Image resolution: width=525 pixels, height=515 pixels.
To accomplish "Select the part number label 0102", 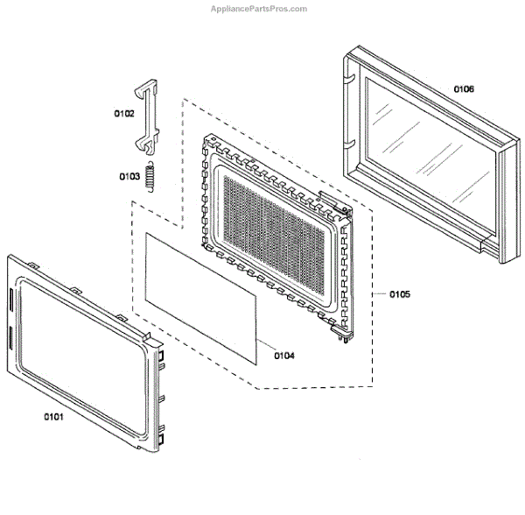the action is tap(123, 113).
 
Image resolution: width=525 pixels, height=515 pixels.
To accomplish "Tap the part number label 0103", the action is tap(129, 176).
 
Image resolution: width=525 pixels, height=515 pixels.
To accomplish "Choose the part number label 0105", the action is tap(399, 294).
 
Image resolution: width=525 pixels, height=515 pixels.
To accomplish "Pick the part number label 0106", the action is tap(464, 88).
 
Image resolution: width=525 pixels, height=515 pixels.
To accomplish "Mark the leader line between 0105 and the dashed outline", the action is tap(382, 294).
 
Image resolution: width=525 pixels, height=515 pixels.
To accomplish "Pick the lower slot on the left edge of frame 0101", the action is tap(10, 336).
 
